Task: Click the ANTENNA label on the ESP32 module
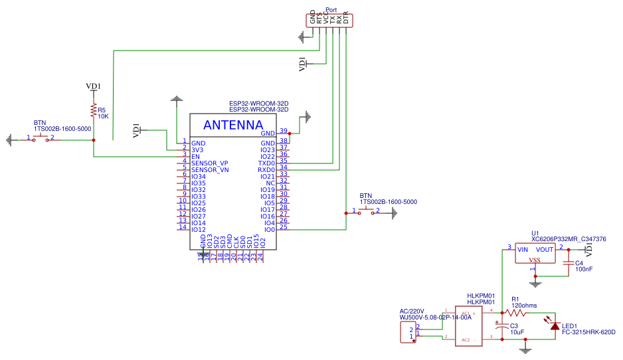tap(232, 125)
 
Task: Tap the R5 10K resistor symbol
tap(94, 110)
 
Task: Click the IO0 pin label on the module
tap(269, 229)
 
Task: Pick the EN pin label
tap(195, 156)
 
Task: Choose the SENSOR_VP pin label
tap(209, 163)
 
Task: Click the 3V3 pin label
tap(197, 149)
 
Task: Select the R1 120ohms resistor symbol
tap(516, 312)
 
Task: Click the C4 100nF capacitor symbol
tap(568, 264)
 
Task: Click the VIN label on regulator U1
tap(523, 250)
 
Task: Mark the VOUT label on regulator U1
tap(545, 250)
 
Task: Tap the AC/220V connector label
tap(412, 311)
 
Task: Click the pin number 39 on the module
tap(284, 131)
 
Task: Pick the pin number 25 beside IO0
tap(284, 227)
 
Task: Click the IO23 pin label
tap(268, 149)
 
